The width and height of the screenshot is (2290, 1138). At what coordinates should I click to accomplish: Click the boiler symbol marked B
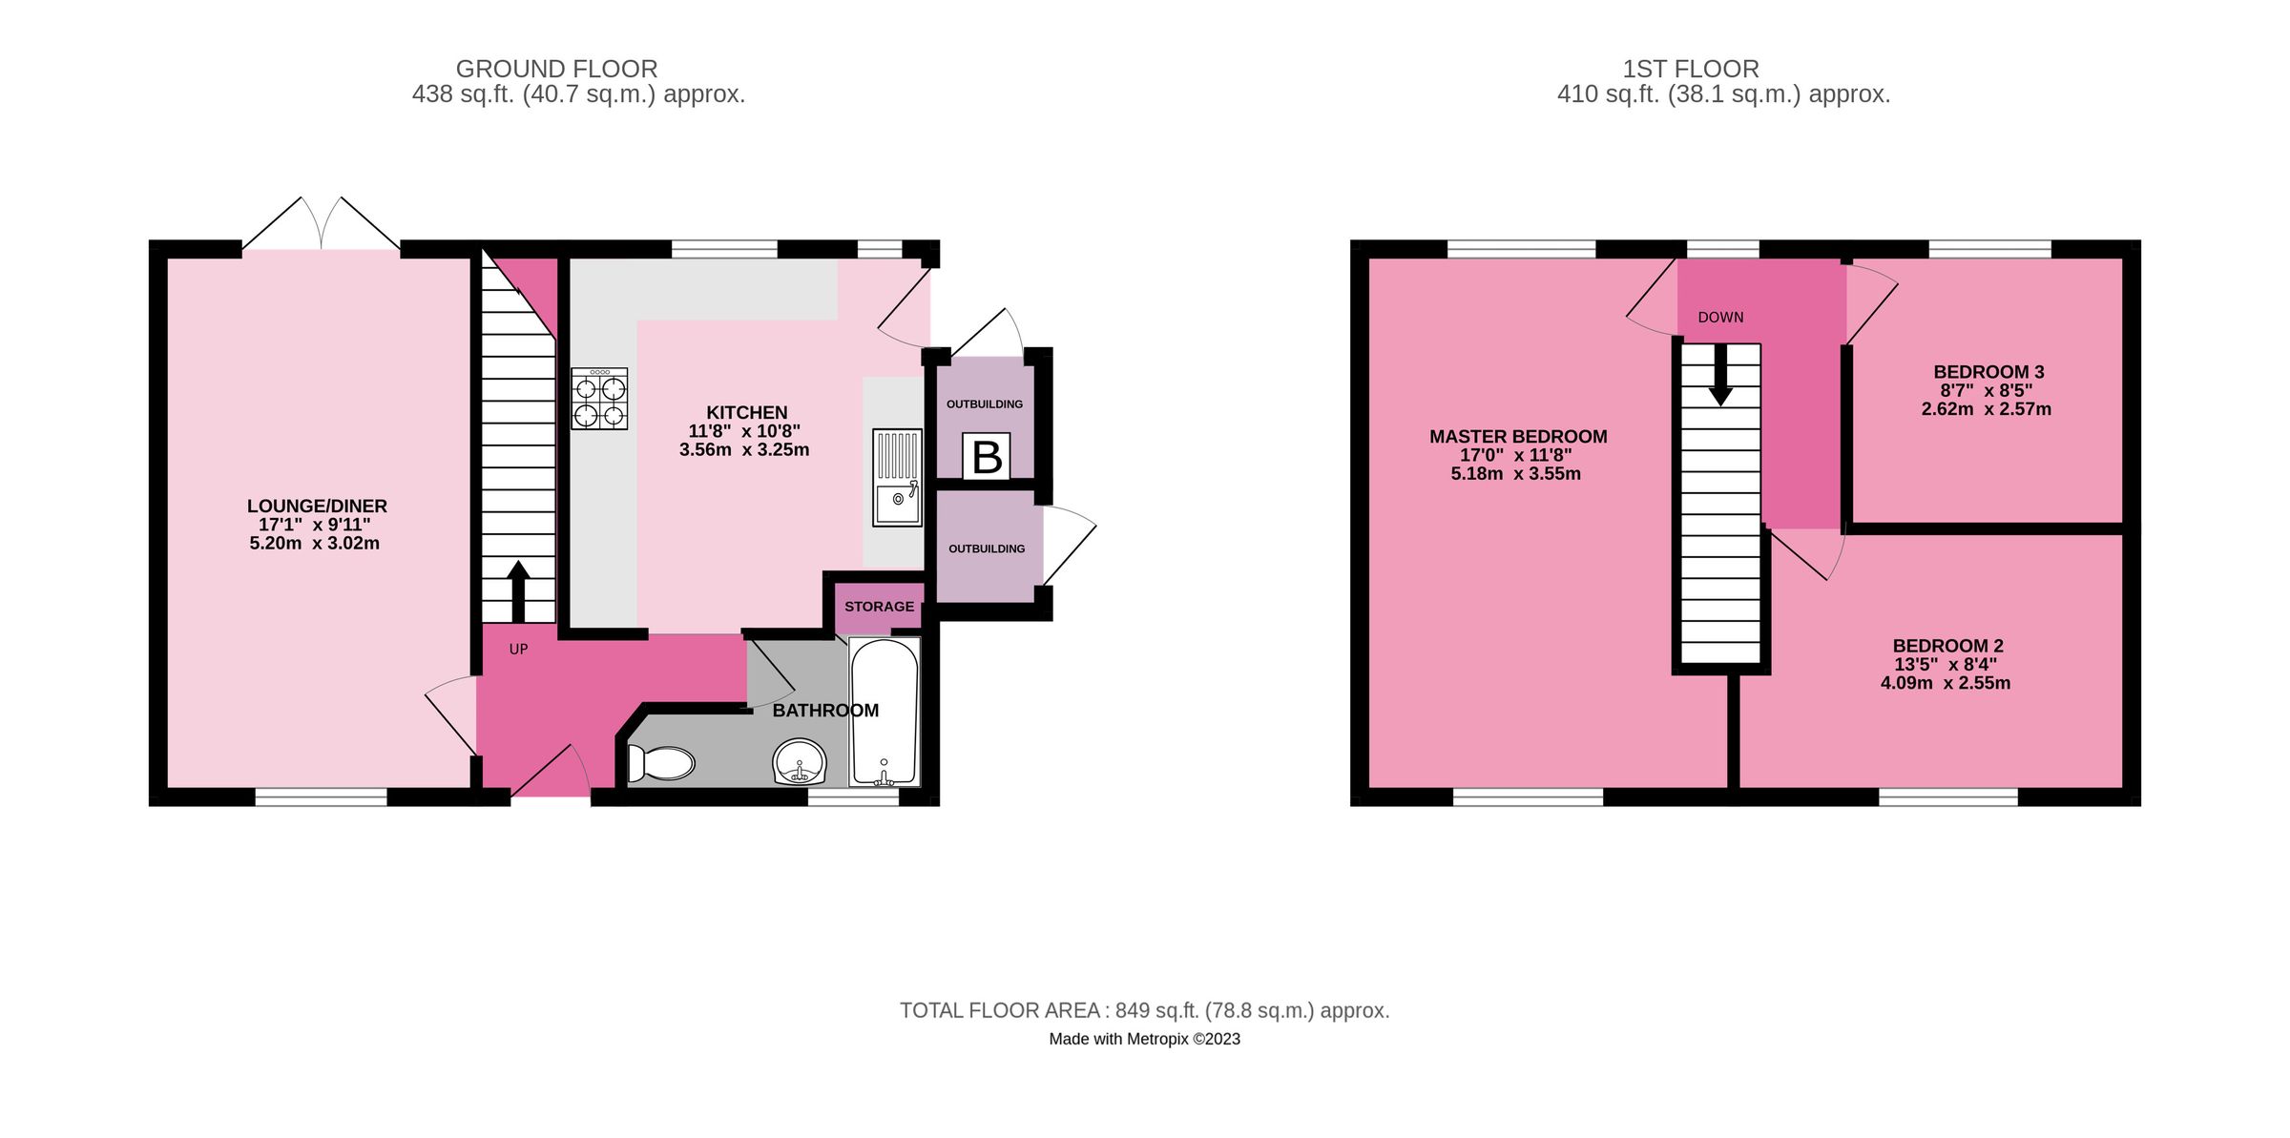pyautogui.click(x=986, y=457)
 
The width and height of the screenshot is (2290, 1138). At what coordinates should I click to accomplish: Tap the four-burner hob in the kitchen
pyautogui.click(x=599, y=399)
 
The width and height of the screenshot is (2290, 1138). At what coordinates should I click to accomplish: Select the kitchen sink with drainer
pyautogui.click(x=897, y=477)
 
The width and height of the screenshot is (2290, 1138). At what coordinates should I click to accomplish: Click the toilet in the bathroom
pyautogui.click(x=661, y=763)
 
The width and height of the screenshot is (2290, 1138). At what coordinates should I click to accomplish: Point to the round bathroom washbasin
pyautogui.click(x=800, y=762)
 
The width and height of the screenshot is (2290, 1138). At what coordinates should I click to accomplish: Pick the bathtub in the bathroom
pyautogui.click(x=885, y=712)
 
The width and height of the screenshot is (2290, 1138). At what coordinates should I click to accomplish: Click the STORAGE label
pyautogui.click(x=879, y=607)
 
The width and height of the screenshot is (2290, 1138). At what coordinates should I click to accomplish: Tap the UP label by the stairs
pyautogui.click(x=518, y=650)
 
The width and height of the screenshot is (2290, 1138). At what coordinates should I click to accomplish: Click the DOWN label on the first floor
pyautogui.click(x=1720, y=318)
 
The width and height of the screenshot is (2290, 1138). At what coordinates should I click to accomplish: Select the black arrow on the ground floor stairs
pyautogui.click(x=518, y=590)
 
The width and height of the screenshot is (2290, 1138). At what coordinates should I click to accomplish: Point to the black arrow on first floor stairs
pyautogui.click(x=1720, y=375)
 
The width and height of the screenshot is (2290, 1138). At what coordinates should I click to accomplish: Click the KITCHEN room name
pyautogui.click(x=746, y=412)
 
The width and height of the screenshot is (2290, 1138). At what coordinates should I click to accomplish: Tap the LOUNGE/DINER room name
pyautogui.click(x=317, y=506)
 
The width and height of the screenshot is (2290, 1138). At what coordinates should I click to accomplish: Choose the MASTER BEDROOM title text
pyautogui.click(x=1518, y=437)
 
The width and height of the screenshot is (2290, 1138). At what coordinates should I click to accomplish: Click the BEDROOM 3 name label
pyautogui.click(x=1988, y=372)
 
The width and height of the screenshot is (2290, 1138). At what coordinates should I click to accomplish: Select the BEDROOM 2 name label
pyautogui.click(x=1947, y=646)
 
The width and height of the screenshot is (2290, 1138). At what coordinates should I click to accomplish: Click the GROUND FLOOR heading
pyautogui.click(x=556, y=69)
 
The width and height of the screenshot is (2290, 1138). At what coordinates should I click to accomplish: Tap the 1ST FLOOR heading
pyautogui.click(x=1690, y=69)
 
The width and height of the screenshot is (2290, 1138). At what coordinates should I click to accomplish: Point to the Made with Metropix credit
pyautogui.click(x=1144, y=1039)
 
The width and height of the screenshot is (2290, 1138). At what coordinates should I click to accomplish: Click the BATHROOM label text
pyautogui.click(x=825, y=711)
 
